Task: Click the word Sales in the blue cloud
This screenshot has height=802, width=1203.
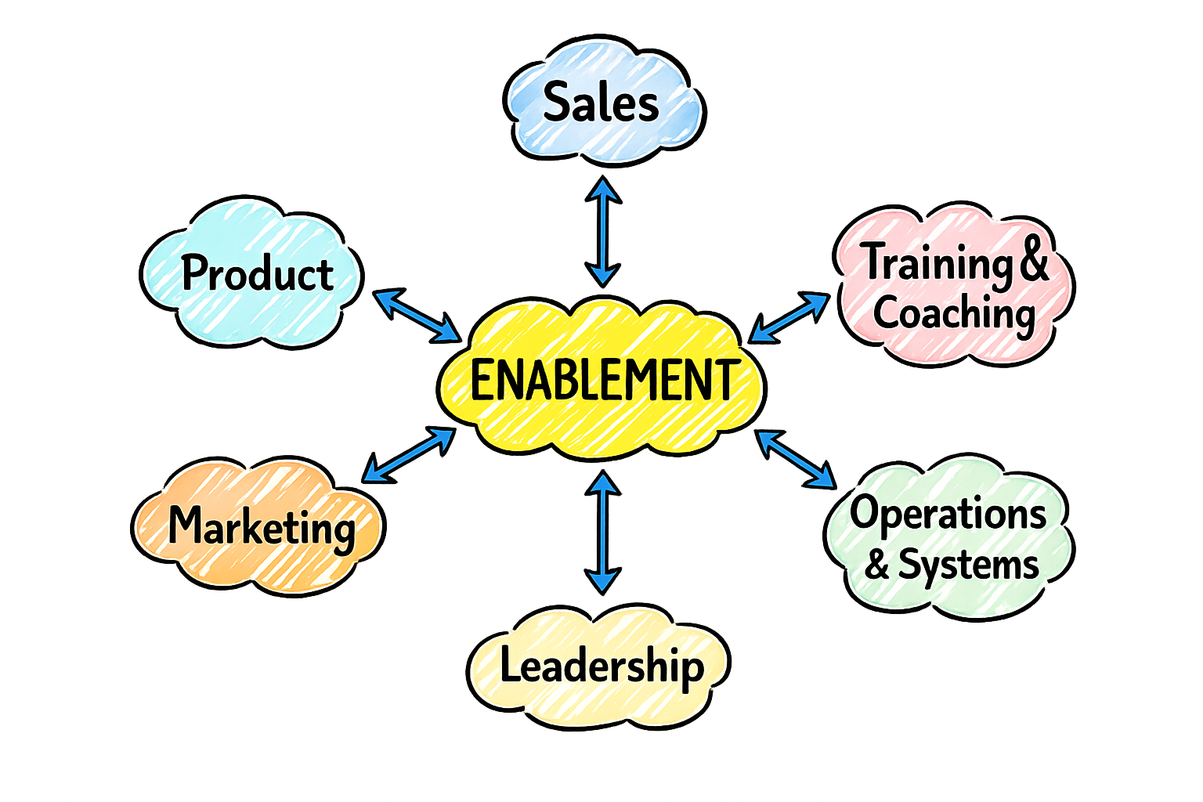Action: click(x=601, y=103)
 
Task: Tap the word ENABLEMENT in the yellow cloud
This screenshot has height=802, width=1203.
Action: click(x=603, y=381)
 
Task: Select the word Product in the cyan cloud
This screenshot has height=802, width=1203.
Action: click(x=257, y=273)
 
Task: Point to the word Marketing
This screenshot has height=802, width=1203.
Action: click(x=262, y=526)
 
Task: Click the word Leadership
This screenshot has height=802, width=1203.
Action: click(x=601, y=667)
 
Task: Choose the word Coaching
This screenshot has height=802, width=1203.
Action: click(x=954, y=313)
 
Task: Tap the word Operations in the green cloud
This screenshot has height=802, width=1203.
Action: click(x=948, y=515)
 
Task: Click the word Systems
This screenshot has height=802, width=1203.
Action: click(x=968, y=565)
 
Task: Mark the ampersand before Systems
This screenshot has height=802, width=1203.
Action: click(x=877, y=565)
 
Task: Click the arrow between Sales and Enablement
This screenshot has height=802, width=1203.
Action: click(x=603, y=231)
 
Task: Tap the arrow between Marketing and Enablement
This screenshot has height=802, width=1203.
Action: click(x=407, y=454)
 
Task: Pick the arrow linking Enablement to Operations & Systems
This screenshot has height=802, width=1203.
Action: click(x=795, y=458)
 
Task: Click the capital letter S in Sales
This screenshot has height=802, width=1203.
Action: click(x=558, y=102)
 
